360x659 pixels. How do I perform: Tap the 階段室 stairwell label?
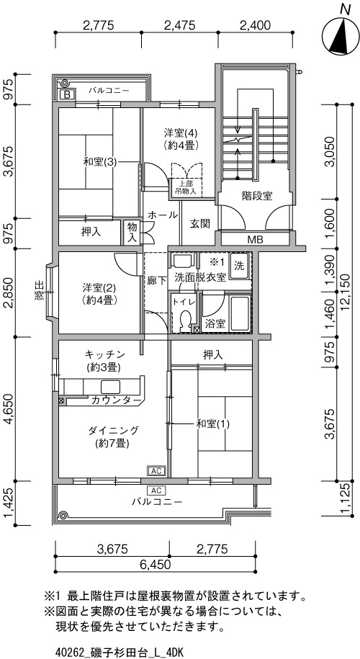[x=257, y=196]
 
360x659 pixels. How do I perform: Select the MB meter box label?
[x=255, y=240]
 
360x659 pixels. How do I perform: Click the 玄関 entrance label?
[x=199, y=223]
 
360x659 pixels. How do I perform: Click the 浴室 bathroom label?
[x=215, y=323]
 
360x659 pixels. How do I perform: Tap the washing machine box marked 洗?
[x=239, y=266]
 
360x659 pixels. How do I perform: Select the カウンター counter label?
[x=117, y=400]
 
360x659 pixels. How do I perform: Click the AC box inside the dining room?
[x=156, y=470]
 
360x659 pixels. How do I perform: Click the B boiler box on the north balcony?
[x=67, y=94]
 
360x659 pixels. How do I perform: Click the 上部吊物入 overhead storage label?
[x=186, y=187]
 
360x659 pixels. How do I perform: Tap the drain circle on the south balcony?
[x=63, y=515]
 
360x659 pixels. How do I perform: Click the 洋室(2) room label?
[x=99, y=294]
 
